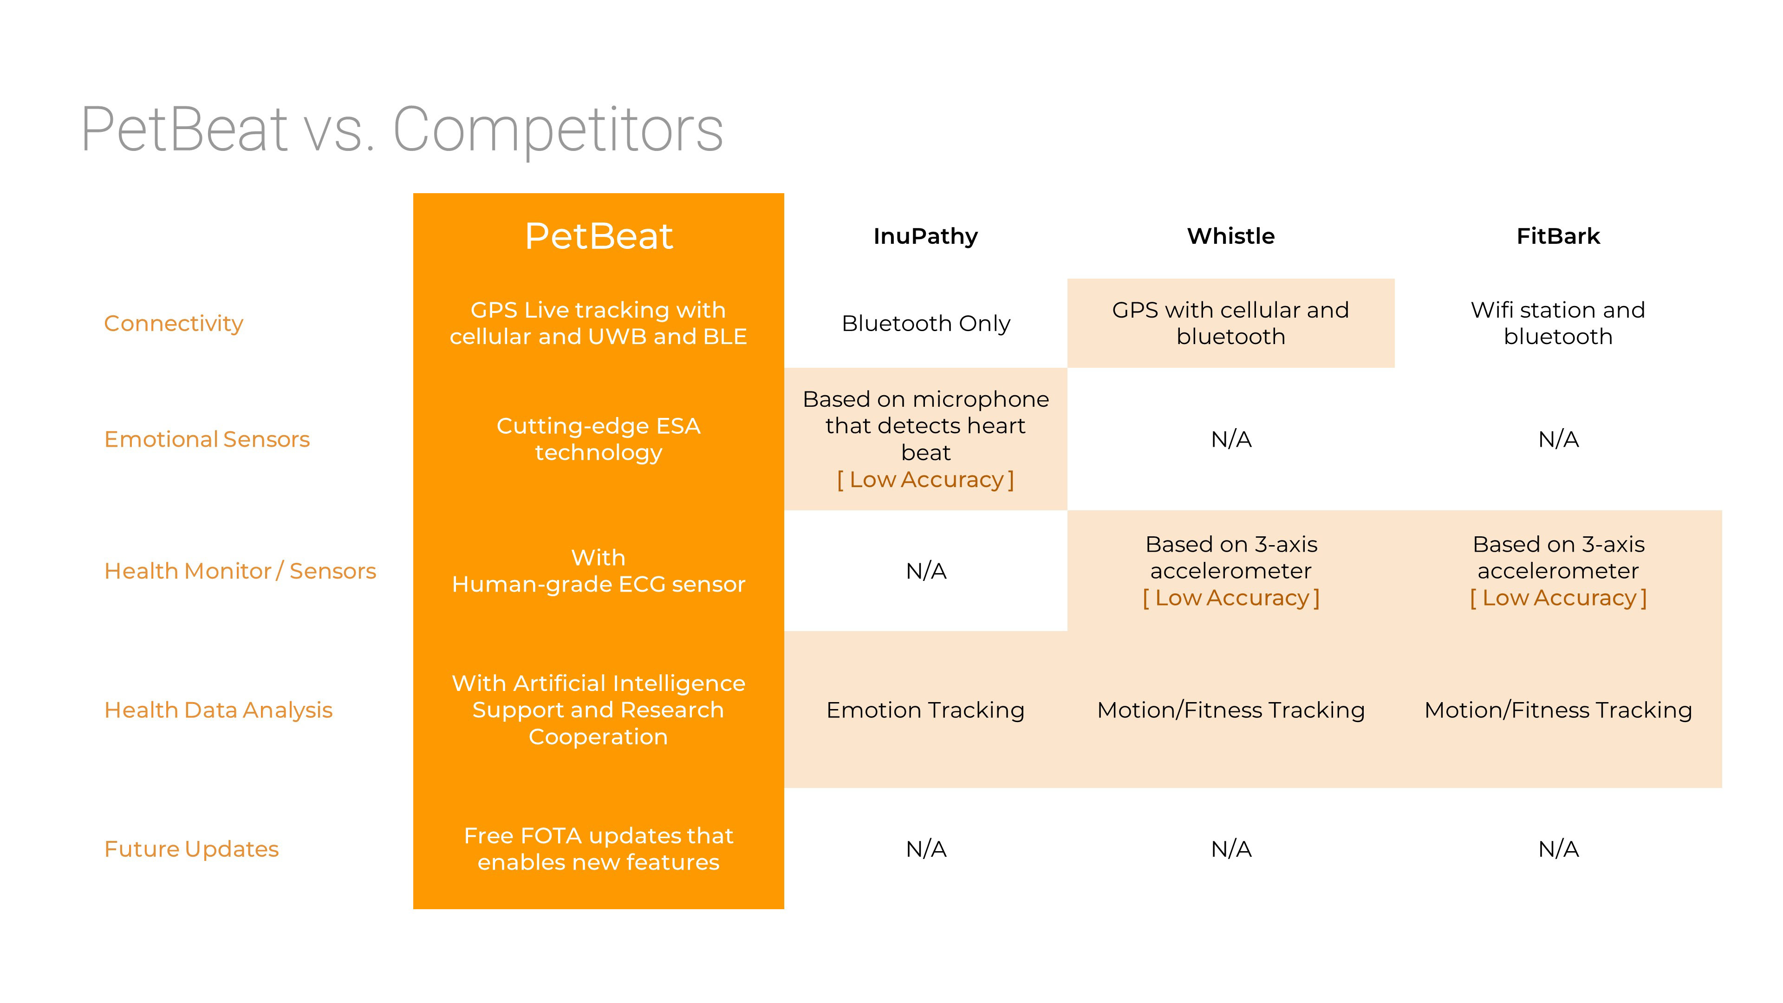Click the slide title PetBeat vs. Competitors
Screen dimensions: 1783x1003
click(402, 130)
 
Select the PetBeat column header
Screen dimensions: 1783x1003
click(598, 236)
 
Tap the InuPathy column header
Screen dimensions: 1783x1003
click(925, 236)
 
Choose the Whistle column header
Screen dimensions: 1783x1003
click(1230, 236)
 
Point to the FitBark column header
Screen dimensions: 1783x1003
click(1558, 236)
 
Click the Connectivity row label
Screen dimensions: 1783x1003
click(174, 323)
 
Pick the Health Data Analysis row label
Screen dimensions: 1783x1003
click(219, 710)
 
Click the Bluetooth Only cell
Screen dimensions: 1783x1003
click(925, 323)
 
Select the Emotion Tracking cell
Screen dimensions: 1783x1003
click(925, 710)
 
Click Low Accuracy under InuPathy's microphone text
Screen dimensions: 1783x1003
click(925, 480)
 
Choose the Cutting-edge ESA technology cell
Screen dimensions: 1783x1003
click(598, 439)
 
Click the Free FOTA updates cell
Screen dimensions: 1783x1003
click(598, 849)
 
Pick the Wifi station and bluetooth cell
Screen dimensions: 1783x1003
click(1558, 323)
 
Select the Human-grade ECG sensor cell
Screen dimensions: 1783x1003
click(598, 571)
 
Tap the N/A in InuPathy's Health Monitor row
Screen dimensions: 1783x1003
click(925, 571)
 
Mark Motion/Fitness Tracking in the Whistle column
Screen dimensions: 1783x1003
click(1230, 710)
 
